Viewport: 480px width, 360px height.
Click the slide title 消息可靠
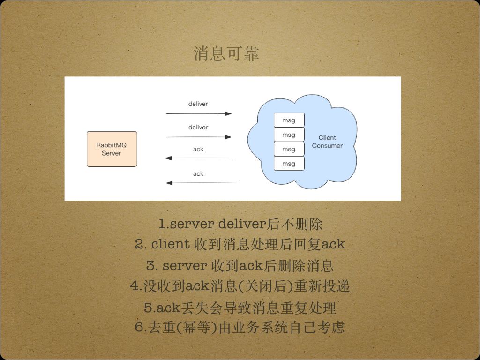(x=226, y=54)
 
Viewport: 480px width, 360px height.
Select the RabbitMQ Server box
(x=112, y=149)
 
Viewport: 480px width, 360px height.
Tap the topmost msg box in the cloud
(x=289, y=120)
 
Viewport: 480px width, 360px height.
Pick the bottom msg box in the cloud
(x=289, y=164)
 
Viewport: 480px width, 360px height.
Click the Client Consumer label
(x=327, y=142)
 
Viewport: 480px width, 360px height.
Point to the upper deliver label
(x=198, y=104)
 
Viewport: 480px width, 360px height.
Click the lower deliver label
(x=198, y=127)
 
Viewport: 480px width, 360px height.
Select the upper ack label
(x=198, y=149)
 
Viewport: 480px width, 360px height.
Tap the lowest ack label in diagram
(x=198, y=173)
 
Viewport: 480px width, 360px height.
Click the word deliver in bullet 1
(x=242, y=224)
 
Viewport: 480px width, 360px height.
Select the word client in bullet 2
(x=171, y=244)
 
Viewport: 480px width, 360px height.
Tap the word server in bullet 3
(x=184, y=266)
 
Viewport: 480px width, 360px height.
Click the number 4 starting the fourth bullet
(x=134, y=286)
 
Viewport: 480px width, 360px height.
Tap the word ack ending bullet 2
(x=334, y=244)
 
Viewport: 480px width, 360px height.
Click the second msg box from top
(x=289, y=135)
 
